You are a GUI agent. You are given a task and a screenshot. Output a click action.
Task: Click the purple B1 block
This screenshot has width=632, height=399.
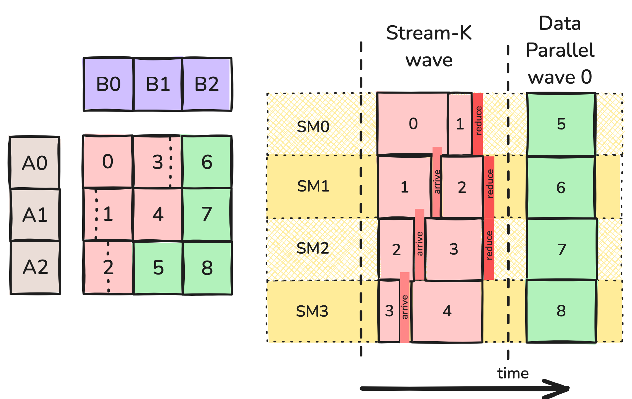[158, 84]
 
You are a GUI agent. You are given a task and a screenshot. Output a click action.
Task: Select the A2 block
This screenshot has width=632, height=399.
[35, 267]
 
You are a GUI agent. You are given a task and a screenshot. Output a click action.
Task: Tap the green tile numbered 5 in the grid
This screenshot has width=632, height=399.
[158, 268]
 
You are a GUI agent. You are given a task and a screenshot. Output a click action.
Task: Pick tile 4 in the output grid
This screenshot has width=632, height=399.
[158, 214]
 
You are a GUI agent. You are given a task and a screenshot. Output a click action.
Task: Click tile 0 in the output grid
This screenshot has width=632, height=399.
[107, 162]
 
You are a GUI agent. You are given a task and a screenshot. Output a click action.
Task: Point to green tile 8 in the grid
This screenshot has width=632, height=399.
[207, 268]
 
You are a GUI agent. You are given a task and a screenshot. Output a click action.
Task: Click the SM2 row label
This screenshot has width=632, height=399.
[312, 248]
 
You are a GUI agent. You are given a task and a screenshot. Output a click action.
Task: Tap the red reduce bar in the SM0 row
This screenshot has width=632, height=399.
[478, 123]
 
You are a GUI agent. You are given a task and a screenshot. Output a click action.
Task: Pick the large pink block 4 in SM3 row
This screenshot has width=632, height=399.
[447, 311]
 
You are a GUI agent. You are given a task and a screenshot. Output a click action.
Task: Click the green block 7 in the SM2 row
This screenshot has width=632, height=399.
[561, 249]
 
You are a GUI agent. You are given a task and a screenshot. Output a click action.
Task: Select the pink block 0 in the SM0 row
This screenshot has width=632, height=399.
[413, 124]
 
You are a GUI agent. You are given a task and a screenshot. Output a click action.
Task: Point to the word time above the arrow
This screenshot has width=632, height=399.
[513, 373]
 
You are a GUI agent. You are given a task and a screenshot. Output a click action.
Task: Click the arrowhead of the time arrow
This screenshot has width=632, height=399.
[562, 388]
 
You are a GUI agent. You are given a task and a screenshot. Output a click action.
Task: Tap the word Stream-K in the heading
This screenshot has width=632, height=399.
[429, 33]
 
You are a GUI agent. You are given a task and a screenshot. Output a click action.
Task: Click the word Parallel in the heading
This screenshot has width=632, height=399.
[560, 50]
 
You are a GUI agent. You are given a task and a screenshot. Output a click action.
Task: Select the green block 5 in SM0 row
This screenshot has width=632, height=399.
[561, 124]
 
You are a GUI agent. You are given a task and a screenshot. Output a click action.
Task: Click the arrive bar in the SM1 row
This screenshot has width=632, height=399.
[437, 182]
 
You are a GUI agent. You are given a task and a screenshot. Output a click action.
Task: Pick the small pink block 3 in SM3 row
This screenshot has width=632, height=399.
[389, 311]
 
